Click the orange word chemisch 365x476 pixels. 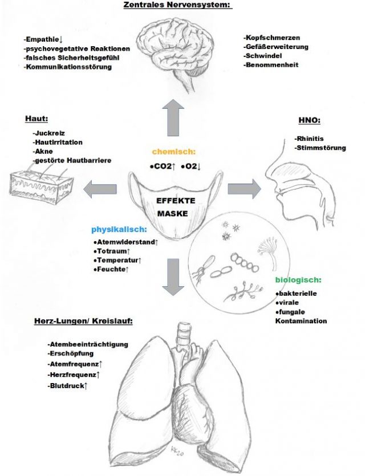[x=173, y=152]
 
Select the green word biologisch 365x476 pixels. [x=298, y=280]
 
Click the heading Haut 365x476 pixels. [x=35, y=119]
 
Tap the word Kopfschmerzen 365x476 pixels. [x=271, y=37]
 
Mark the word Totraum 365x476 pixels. [x=111, y=251]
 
